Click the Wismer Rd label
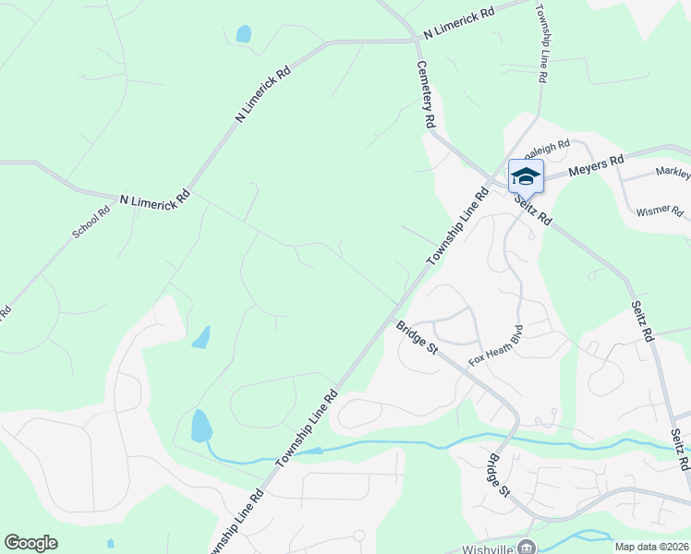(x=660, y=212)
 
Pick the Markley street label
(x=673, y=173)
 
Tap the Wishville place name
(x=490, y=546)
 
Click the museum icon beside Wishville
(x=527, y=546)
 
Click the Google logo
(x=31, y=542)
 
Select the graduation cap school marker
(x=526, y=175)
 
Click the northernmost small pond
(x=243, y=34)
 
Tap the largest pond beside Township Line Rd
(x=200, y=427)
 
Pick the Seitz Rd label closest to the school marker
(x=533, y=209)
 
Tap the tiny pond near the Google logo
(x=110, y=543)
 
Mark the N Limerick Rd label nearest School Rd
(x=155, y=199)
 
